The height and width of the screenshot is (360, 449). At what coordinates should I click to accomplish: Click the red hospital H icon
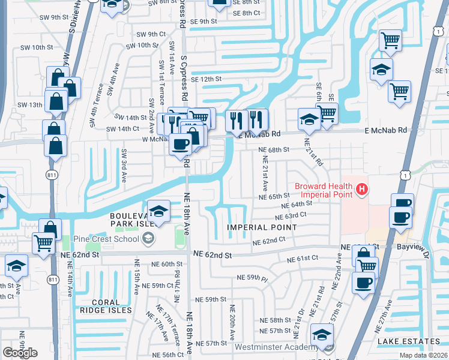point(361,190)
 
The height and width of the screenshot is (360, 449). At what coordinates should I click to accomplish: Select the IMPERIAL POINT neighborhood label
point(262,227)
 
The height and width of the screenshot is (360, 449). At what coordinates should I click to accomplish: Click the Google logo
point(20,352)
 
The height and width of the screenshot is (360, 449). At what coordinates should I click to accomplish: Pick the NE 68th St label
point(274,149)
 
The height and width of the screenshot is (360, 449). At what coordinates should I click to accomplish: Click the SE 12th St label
point(206,79)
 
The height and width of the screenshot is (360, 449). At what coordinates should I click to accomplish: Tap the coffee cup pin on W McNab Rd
point(180,144)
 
